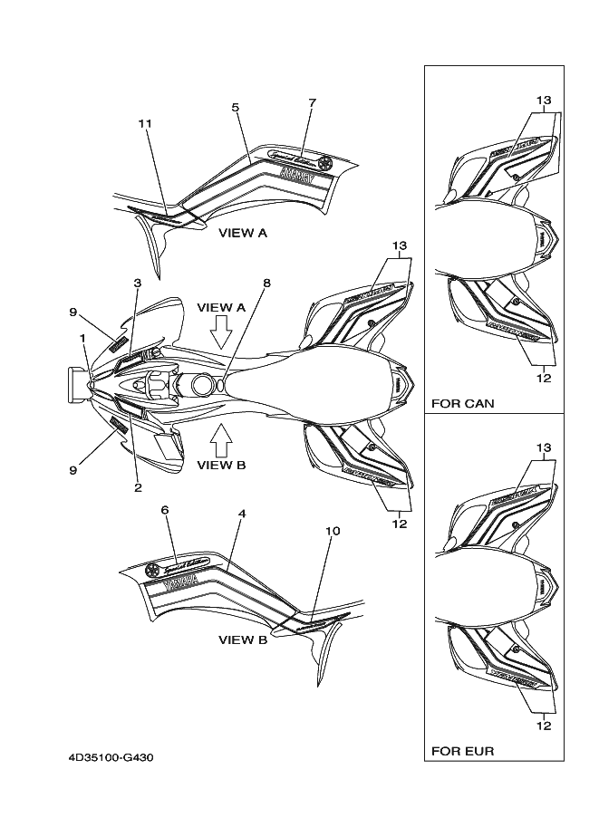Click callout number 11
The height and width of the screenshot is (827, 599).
[x=145, y=122]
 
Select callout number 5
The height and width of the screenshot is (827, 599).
[x=235, y=108]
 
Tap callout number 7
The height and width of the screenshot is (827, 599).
[x=312, y=102]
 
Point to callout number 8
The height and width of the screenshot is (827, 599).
[x=267, y=283]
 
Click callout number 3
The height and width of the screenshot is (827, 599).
[x=137, y=283]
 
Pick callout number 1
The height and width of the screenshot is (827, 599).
[x=82, y=337]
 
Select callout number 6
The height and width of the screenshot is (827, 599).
[x=165, y=510]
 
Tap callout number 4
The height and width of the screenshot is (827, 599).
[x=242, y=514]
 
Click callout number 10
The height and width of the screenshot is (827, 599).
[x=333, y=531]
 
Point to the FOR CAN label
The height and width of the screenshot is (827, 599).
[x=462, y=404]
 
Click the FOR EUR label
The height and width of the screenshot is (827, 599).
[x=462, y=751]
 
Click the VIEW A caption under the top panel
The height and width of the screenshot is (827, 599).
[x=243, y=233]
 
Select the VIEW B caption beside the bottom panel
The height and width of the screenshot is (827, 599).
[x=243, y=639]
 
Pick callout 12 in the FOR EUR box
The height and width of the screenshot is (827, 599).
[x=544, y=724]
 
